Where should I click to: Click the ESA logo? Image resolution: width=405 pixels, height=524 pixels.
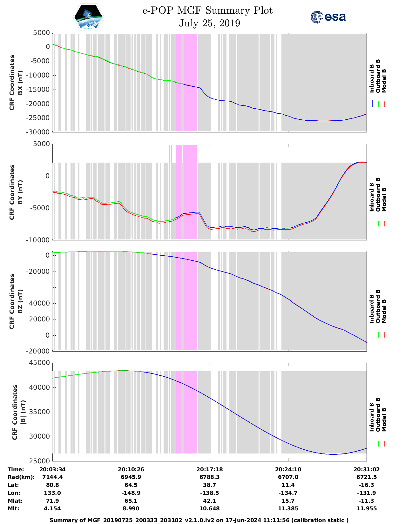coord(328,17)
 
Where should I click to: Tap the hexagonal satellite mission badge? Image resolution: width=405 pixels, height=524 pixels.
coord(89,17)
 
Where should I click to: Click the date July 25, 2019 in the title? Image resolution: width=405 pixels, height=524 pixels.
coord(209,23)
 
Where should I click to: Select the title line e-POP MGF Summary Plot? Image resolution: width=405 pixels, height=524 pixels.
coord(207,11)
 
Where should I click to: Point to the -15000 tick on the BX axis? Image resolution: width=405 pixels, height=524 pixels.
coord(40,90)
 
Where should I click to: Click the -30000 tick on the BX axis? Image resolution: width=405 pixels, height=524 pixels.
coord(40,132)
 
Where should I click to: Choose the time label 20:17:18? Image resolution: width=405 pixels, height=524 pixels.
coord(209,469)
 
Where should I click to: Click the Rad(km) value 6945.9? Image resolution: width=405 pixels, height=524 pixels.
coord(131,477)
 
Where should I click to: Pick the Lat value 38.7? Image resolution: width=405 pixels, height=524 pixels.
coord(209,485)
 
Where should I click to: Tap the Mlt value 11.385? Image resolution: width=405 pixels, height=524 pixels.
coord(288,508)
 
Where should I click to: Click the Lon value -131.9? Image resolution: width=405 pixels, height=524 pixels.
coord(367,493)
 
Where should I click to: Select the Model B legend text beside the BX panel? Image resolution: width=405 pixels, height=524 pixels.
coord(384,81)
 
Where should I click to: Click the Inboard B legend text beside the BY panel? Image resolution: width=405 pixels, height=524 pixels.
coord(372,197)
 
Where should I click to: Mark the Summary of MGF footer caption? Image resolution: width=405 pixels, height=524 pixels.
coord(199,520)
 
